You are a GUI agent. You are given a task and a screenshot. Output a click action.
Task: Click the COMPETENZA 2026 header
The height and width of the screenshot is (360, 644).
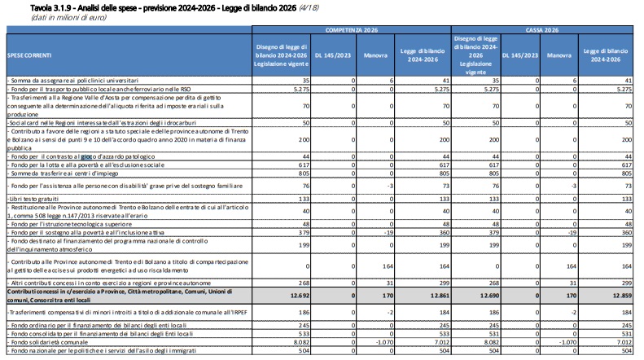pyautogui.click(x=351, y=30)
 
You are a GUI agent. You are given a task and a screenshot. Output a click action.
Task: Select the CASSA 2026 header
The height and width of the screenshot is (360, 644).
pyautogui.click(x=541, y=30)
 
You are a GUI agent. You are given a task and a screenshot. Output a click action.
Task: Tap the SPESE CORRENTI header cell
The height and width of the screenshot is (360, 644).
pyautogui.click(x=29, y=55)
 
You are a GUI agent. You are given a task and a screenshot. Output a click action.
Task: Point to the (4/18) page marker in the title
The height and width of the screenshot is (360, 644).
pyautogui.click(x=309, y=8)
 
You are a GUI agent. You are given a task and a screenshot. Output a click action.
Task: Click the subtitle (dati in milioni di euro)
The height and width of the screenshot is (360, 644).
pyautogui.click(x=68, y=18)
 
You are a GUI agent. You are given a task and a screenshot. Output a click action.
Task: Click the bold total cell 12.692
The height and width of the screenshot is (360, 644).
pyautogui.click(x=300, y=296)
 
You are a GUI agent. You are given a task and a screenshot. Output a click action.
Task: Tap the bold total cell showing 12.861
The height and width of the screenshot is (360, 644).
pyautogui.click(x=440, y=296)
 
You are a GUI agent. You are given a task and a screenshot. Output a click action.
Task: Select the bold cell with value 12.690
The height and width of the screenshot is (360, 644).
pyautogui.click(x=489, y=296)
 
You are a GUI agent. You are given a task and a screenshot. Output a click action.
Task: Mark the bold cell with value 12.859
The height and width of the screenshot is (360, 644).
pyautogui.click(x=622, y=296)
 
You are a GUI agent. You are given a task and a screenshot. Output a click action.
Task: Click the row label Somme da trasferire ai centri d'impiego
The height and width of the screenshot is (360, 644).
pyautogui.click(x=63, y=173)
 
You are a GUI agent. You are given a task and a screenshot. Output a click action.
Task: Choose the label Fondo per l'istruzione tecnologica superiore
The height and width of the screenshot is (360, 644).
pyautogui.click(x=70, y=224)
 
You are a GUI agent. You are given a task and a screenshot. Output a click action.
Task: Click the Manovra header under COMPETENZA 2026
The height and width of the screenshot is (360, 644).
pyautogui.click(x=375, y=55)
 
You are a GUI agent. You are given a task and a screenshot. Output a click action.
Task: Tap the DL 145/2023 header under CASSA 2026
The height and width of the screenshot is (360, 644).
pyautogui.click(x=520, y=55)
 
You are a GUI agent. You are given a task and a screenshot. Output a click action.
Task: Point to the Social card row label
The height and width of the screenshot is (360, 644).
pyautogui.click(x=102, y=123)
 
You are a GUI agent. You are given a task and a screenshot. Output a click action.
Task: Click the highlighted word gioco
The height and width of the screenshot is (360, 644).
pyautogui.click(x=86, y=156)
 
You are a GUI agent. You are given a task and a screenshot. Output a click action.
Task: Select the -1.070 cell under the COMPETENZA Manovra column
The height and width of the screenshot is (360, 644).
pyautogui.click(x=384, y=342)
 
